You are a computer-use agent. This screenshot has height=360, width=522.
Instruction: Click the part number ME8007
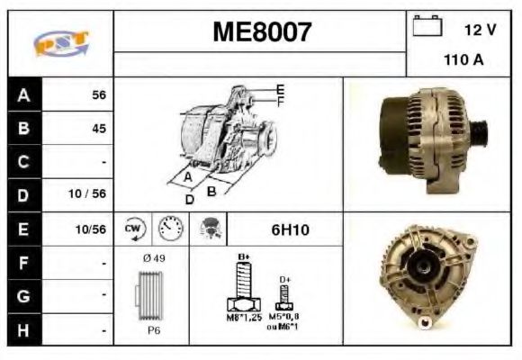click(x=261, y=32)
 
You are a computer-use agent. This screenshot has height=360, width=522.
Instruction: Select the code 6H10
click(x=290, y=229)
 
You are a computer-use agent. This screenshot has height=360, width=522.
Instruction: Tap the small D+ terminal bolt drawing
click(x=284, y=301)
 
